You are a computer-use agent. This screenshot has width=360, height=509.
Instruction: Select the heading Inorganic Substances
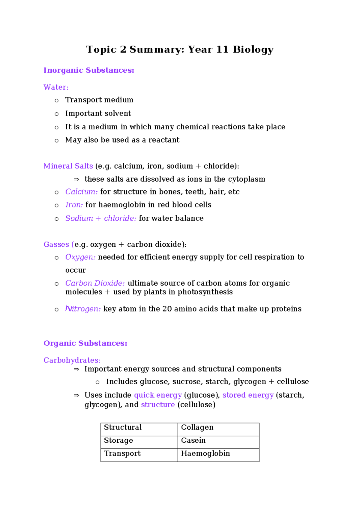(88, 70)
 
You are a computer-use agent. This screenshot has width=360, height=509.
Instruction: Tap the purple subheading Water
(56, 87)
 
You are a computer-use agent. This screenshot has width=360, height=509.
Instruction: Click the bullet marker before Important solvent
(56, 114)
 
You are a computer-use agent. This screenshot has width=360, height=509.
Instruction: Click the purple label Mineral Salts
(68, 166)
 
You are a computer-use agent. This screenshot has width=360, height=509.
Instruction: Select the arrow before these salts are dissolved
(76, 179)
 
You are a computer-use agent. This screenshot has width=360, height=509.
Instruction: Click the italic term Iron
(74, 205)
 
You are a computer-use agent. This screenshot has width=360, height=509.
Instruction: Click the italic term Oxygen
(80, 257)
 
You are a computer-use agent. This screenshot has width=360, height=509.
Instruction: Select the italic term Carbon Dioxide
(95, 283)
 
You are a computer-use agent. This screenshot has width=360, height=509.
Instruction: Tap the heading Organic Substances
(85, 343)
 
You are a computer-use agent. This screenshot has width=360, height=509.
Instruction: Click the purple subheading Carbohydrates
(72, 360)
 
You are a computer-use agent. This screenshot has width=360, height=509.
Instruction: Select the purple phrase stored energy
(248, 395)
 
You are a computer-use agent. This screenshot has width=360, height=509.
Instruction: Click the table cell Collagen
(197, 427)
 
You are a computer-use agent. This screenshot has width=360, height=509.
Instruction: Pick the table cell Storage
(118, 440)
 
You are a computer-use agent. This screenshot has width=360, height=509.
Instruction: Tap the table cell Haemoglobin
(205, 453)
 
